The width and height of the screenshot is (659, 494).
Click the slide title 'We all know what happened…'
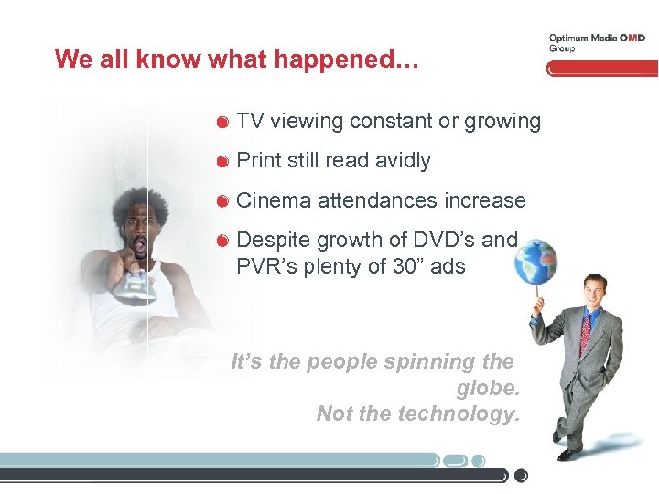click(237, 59)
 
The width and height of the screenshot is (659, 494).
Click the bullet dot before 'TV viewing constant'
click(222, 123)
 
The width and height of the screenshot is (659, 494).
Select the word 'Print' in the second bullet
click(258, 161)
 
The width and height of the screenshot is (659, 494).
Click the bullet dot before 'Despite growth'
click(222, 242)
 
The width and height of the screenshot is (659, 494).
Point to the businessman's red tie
click(585, 335)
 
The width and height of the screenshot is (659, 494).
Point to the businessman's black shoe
click(568, 453)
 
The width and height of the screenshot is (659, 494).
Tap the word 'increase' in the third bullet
click(485, 200)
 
